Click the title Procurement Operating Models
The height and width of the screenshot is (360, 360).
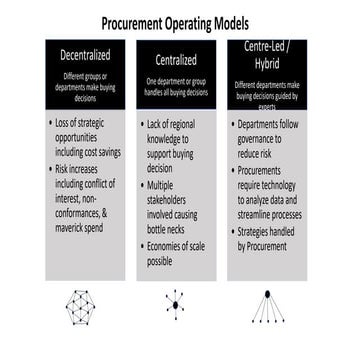pyautogui.click(x=180, y=23)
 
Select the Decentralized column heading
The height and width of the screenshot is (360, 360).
pyautogui.click(x=84, y=56)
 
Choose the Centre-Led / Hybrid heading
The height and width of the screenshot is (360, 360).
pyautogui.click(x=268, y=54)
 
